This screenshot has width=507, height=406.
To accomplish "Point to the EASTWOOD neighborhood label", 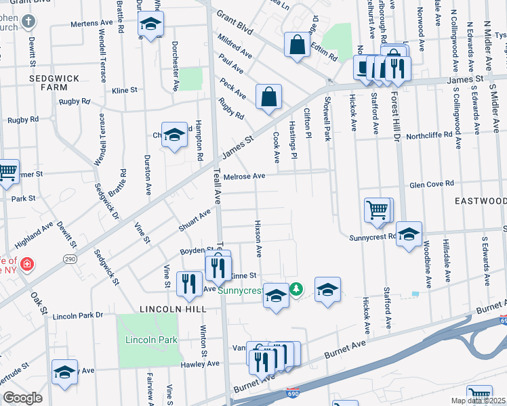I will point(480,201).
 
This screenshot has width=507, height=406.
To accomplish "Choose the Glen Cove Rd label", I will point(431,184).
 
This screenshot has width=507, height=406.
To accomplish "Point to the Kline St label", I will point(125,89).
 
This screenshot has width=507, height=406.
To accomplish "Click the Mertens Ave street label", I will point(94,24).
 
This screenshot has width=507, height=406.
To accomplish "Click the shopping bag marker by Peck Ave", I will point(269,96).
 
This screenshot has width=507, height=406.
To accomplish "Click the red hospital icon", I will point(26,263).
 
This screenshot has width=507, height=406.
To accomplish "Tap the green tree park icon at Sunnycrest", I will point(296,290).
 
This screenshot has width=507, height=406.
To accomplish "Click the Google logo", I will point(22,397).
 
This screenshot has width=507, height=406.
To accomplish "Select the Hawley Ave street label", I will point(200,363).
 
